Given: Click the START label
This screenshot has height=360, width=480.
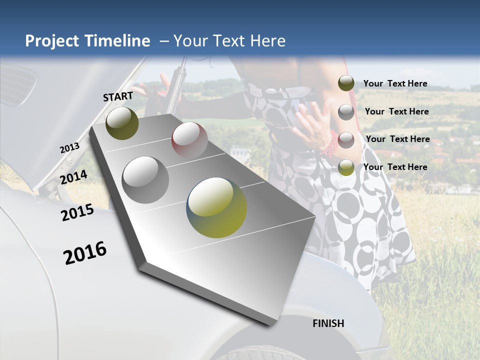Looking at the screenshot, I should [118, 96].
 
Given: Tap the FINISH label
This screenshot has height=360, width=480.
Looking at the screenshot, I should [328, 323].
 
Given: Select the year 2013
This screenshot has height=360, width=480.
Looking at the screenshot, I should [69, 148].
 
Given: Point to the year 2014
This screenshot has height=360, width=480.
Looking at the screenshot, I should [73, 177].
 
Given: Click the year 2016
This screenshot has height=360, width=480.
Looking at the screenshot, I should [85, 253].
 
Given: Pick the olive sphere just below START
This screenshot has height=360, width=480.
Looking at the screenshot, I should [122, 123].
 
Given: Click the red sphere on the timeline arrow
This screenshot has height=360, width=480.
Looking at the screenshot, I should [189, 139].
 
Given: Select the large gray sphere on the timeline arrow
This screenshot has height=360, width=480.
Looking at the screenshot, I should [145, 179].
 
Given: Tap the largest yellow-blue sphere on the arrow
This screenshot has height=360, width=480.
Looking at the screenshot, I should [217, 207].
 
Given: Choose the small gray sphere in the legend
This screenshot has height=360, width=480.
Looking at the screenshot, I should [346, 112].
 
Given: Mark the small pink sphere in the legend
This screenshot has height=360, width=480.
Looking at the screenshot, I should [346, 140].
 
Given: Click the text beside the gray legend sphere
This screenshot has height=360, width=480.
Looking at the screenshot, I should [396, 111].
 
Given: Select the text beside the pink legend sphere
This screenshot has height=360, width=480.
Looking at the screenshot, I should [397, 139].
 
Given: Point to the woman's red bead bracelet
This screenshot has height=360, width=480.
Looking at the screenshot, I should [330, 144].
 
